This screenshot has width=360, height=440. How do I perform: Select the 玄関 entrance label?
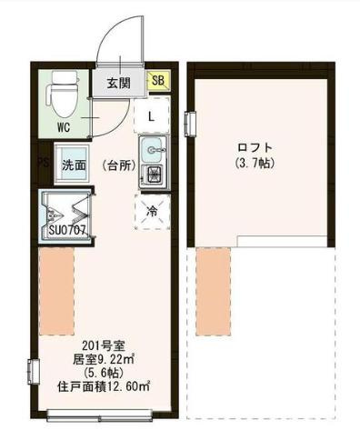tap(118, 83)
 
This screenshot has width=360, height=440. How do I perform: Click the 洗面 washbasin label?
tap(73, 165)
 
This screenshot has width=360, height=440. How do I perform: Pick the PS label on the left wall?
tap(41, 165)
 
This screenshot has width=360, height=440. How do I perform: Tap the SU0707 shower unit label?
tap(66, 230)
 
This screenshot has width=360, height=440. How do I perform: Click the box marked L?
tap(151, 115)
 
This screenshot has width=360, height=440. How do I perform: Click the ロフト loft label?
tap(255, 147)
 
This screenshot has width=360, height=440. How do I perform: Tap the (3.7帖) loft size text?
tap(255, 164)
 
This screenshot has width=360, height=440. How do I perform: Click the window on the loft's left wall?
tap(190, 120)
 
